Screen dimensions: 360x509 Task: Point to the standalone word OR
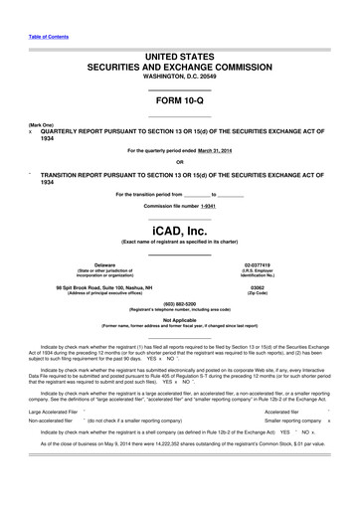[x=179, y=162]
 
